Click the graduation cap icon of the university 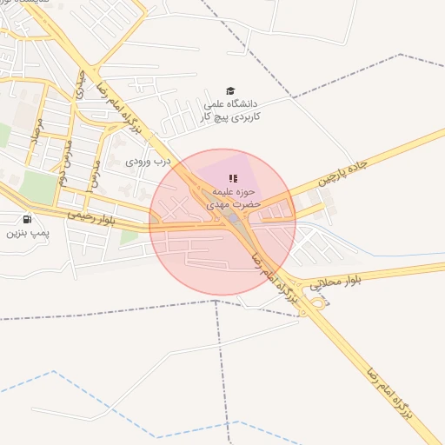(230, 90)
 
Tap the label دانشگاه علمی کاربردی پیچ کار (230, 110)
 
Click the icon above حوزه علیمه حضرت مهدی (233, 178)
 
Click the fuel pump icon (27, 219)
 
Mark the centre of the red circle (222, 222)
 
